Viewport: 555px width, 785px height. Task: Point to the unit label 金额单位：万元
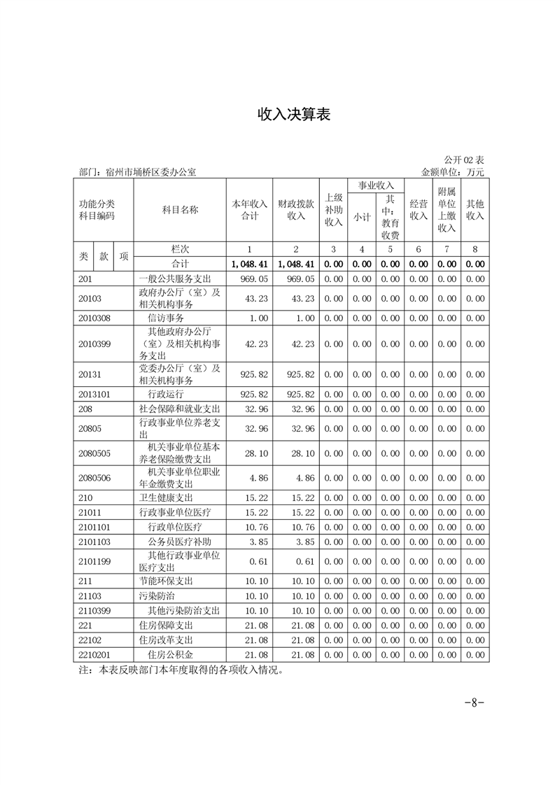453,171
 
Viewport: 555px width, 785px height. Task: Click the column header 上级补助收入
334,210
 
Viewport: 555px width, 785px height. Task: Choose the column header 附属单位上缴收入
447,210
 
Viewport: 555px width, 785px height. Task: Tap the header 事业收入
376,186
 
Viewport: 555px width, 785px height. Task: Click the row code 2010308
95,318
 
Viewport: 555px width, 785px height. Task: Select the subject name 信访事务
166,318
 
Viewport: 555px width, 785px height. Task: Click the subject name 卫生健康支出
166,497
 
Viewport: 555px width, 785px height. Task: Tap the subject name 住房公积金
170,654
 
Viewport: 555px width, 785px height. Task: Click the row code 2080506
95,478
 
